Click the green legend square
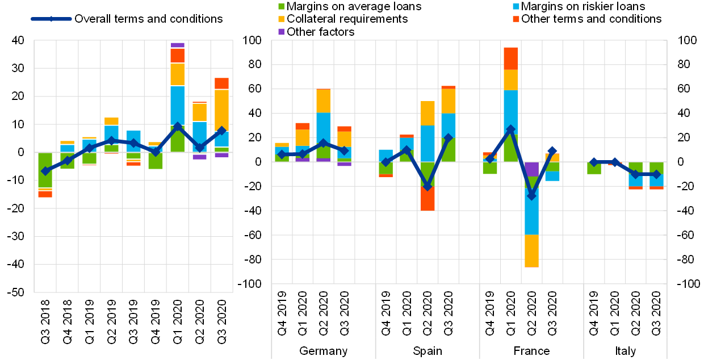coord(281,7)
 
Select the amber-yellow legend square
coord(281,19)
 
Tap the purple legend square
coord(281,32)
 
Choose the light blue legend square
coord(516,7)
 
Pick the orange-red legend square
coord(516,19)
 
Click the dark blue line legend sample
coord(51,19)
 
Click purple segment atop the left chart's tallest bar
coord(178,45)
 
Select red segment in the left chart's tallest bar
coord(178,56)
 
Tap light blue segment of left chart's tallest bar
coord(178,104)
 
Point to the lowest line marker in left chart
coord(45,171)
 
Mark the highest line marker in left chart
coord(178,127)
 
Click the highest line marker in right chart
coord(510,129)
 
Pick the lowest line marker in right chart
coord(531,195)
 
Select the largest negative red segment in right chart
coord(428,199)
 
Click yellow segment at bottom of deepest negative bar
coord(531,251)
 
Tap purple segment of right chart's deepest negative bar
coord(531,169)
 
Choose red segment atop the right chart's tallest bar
coord(510,58)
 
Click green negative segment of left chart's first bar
coord(45,170)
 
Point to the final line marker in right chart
coord(656,174)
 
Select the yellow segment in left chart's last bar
coord(221,110)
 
